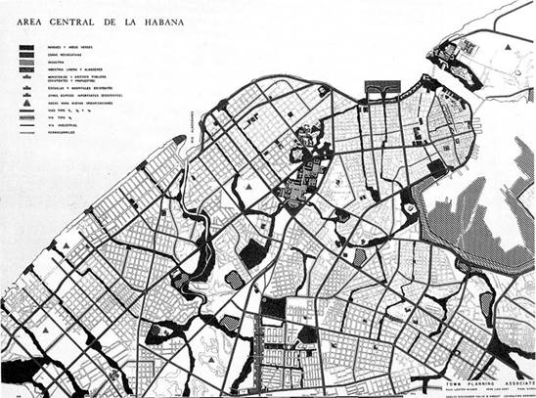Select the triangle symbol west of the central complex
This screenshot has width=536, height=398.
click(x=250, y=184)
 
